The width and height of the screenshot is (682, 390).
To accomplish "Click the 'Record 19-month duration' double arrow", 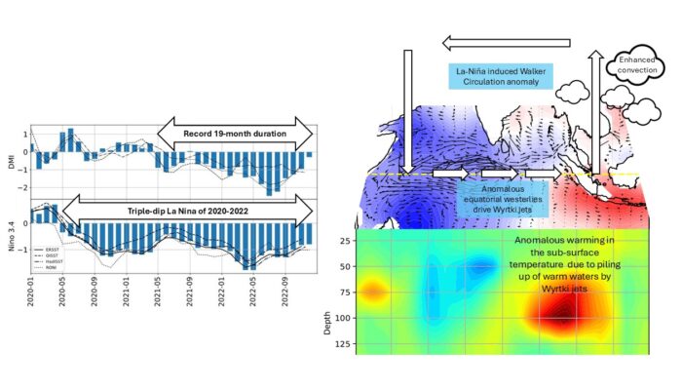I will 234,134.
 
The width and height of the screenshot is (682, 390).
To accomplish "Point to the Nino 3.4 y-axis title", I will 12,235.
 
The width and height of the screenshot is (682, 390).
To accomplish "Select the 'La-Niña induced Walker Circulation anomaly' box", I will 499,78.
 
